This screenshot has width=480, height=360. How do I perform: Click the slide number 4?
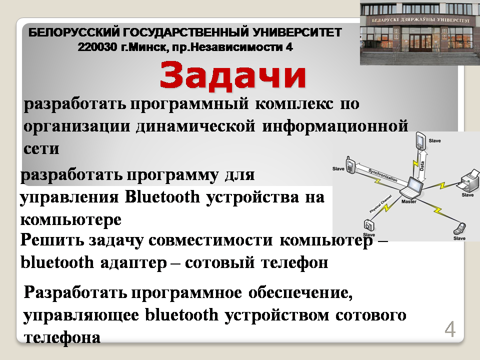click(x=450, y=329)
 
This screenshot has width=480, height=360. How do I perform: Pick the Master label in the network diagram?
click(x=408, y=201)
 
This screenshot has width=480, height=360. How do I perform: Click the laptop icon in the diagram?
click(x=411, y=187)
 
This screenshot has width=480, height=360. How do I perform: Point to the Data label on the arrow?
click(x=422, y=165)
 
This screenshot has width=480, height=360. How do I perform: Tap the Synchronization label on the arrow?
click(x=382, y=175)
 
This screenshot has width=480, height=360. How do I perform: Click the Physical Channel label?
click(x=380, y=204)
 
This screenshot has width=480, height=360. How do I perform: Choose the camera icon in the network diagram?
click(x=369, y=225)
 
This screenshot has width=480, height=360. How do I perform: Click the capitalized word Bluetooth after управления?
click(x=162, y=197)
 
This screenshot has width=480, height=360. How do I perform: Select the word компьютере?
click(x=70, y=220)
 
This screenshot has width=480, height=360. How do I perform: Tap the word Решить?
click(x=52, y=240)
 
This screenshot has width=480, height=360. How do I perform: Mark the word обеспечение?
click(x=300, y=293)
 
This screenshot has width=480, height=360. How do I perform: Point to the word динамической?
click(x=195, y=126)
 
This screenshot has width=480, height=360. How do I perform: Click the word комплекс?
click(x=294, y=104)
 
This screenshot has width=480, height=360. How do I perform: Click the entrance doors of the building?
click(x=420, y=42)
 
